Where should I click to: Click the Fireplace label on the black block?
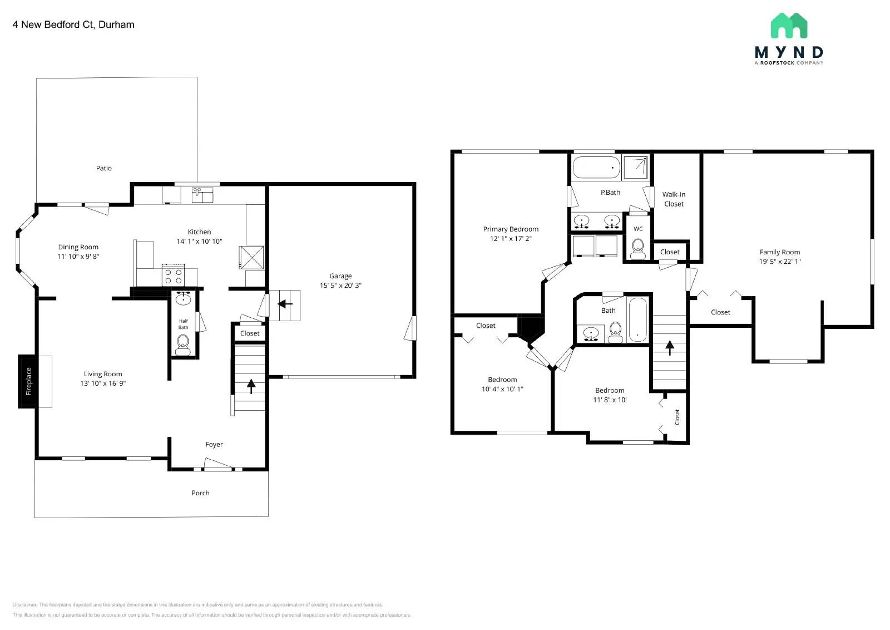[x=28, y=381]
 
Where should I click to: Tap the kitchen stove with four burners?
[x=172, y=275]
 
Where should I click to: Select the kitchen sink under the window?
[x=202, y=195]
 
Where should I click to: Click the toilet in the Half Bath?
[x=183, y=345]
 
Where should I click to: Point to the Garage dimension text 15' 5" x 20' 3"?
[x=340, y=286]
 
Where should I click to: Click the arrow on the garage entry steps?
[x=285, y=304]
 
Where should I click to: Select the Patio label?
[x=104, y=168]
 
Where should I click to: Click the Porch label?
[x=200, y=493]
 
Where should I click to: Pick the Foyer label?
[x=214, y=445]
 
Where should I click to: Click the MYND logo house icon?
[x=789, y=26]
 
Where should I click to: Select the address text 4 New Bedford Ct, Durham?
[x=73, y=24]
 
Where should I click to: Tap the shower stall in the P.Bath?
[x=636, y=167]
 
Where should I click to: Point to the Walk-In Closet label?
[x=674, y=199]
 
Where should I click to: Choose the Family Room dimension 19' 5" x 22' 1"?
[x=780, y=262]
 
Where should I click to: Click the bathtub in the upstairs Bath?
[x=637, y=319]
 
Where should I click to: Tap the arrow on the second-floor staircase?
[x=670, y=348]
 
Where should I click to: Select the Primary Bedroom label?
[x=511, y=229]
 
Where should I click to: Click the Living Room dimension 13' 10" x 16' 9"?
[x=103, y=383]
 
